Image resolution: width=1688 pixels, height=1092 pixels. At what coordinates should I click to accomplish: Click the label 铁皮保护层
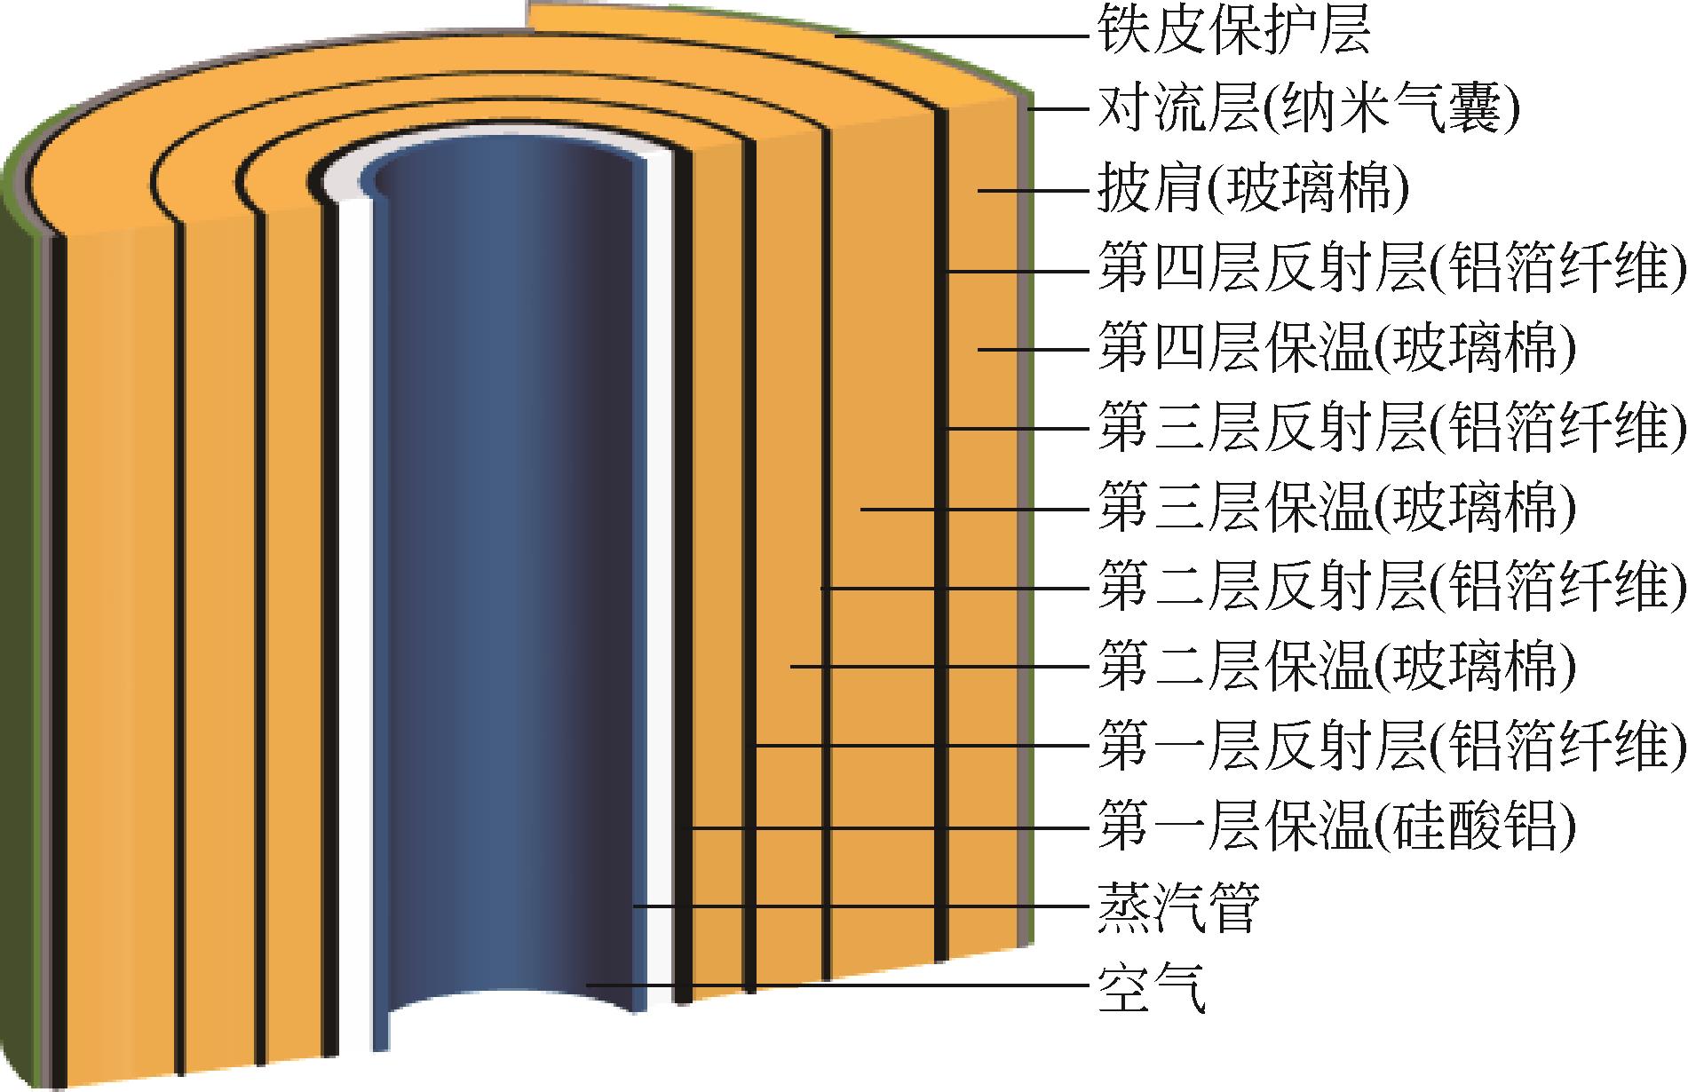click(x=1234, y=33)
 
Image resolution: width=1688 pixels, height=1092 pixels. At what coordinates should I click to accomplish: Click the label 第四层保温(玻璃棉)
click(x=1336, y=349)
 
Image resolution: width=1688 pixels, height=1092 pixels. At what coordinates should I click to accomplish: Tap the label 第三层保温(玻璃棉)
click(x=1336, y=509)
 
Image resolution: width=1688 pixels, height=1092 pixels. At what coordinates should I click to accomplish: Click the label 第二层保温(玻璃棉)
click(x=1336, y=667)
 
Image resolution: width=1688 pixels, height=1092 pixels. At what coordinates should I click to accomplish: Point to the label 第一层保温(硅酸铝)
click(x=1336, y=827)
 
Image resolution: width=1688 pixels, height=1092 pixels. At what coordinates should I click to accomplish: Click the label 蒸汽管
click(x=1178, y=906)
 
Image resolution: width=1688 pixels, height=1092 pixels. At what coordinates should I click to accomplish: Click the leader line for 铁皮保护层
click(x=959, y=36)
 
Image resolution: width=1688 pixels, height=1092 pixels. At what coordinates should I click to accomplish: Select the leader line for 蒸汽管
click(x=861, y=906)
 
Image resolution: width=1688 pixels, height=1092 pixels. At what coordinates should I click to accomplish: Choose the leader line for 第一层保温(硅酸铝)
click(x=888, y=827)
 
